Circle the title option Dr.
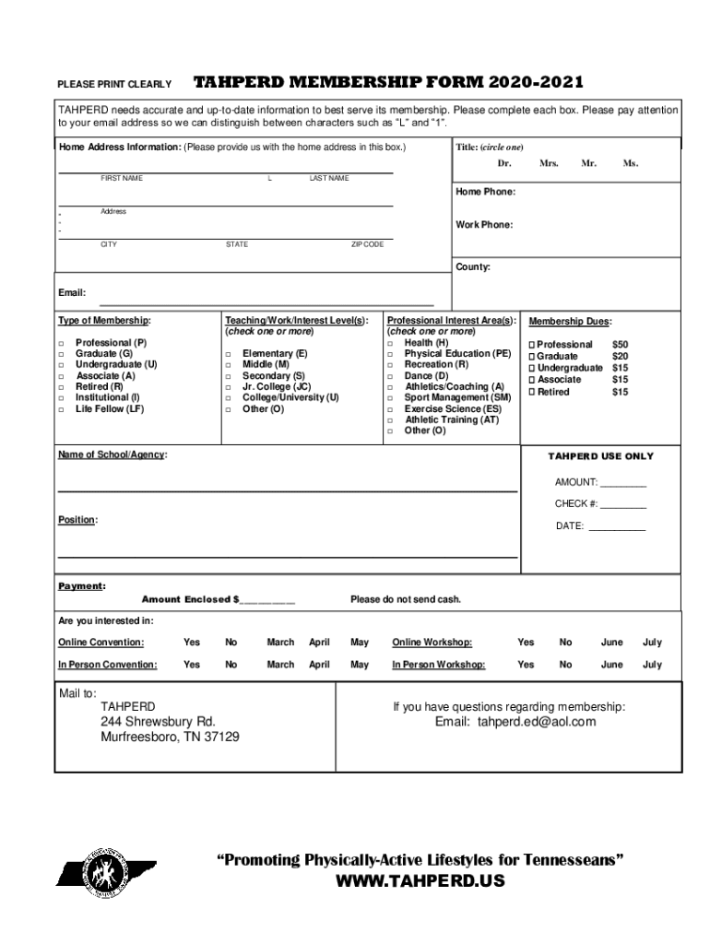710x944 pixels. click(x=504, y=163)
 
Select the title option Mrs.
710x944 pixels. click(x=550, y=163)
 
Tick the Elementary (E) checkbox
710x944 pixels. click(x=228, y=354)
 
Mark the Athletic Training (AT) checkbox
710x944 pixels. click(x=390, y=420)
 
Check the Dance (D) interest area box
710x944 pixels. click(x=390, y=376)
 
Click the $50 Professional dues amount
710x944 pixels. click(x=621, y=345)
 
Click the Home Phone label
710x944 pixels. click(x=485, y=192)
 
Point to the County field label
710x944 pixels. click(x=473, y=267)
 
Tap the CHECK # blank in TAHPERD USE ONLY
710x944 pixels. click(x=623, y=504)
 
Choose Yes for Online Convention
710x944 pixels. click(x=192, y=643)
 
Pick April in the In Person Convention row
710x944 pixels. click(x=319, y=665)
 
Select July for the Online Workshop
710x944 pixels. click(x=652, y=643)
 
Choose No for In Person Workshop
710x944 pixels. click(x=566, y=665)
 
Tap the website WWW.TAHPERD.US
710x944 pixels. click(x=420, y=881)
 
